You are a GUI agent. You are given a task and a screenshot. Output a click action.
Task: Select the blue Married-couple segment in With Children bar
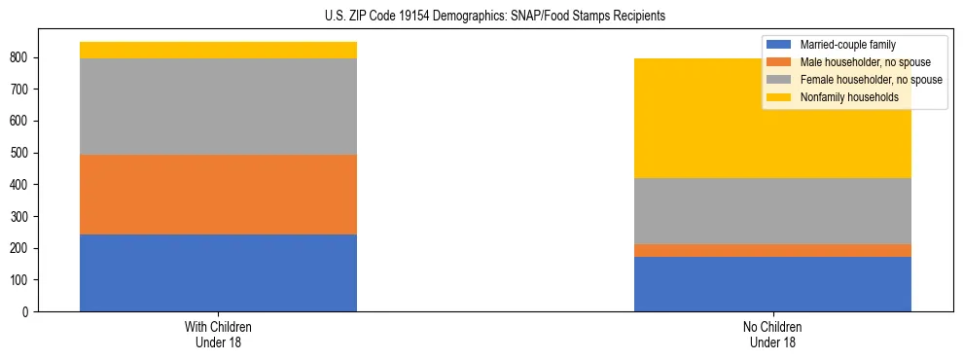coord(218,272)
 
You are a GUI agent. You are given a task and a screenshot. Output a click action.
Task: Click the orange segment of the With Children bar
coord(218,195)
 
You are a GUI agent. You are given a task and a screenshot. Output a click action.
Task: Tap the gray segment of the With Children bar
coord(218,106)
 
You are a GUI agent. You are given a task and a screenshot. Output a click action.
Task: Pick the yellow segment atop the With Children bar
coord(218,50)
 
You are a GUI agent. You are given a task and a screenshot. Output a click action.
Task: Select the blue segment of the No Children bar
coord(772,284)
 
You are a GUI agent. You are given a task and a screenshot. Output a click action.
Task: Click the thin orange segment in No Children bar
coord(772,250)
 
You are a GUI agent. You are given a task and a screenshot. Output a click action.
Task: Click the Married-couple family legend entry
coord(847,45)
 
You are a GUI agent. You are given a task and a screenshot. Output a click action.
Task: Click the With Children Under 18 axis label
coord(218,334)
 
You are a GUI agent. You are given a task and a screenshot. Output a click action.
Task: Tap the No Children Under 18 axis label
coord(772,334)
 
